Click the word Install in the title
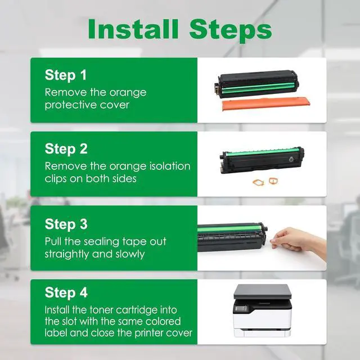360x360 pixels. tap(133, 29)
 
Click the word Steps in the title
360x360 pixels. tap(231, 30)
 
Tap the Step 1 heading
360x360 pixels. tap(66, 75)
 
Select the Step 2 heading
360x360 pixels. tap(66, 149)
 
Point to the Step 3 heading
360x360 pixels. tap(66, 224)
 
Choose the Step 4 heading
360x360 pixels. tap(66, 292)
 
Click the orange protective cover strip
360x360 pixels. tap(266, 103)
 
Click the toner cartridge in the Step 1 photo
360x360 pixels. tap(256, 84)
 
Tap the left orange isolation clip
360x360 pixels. tap(259, 182)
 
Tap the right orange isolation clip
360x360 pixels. tap(273, 181)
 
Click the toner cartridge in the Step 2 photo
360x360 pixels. tap(262, 160)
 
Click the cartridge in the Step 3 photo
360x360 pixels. tap(232, 237)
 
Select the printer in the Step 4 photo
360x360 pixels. tap(263, 310)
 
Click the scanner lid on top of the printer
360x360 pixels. tap(263, 291)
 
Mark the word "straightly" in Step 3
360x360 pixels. tap(66, 254)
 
